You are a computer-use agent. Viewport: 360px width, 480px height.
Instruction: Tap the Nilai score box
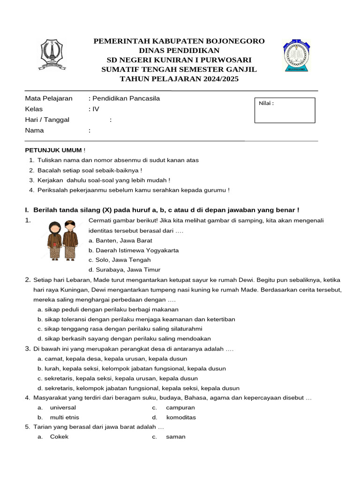pyautogui.click(x=285, y=110)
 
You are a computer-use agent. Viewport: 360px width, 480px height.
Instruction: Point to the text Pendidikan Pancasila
pyautogui.click(x=126, y=98)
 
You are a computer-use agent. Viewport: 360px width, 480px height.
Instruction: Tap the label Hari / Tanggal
pyautogui.click(x=47, y=120)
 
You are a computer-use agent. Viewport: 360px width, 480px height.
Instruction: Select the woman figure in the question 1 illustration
pyautogui.click(x=54, y=240)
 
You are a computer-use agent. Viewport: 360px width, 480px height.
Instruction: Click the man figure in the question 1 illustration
pyautogui.click(x=70, y=240)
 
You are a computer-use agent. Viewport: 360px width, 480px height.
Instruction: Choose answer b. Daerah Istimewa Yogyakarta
pyautogui.click(x=133, y=250)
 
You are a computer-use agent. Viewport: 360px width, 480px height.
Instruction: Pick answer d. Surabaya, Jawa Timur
pyautogui.click(x=124, y=270)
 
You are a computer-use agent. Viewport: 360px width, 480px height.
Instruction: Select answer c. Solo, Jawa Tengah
pyautogui.click(x=120, y=260)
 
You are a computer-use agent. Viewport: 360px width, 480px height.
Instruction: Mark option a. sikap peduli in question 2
pyautogui.click(x=108, y=309)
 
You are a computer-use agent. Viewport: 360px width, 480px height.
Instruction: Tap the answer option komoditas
pyautogui.click(x=180, y=417)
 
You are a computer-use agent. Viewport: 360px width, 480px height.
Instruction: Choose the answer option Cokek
pyautogui.click(x=59, y=436)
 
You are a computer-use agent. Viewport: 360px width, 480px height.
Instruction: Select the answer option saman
pyautogui.click(x=175, y=436)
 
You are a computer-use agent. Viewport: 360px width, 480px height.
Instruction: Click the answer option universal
pyautogui.click(x=63, y=407)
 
